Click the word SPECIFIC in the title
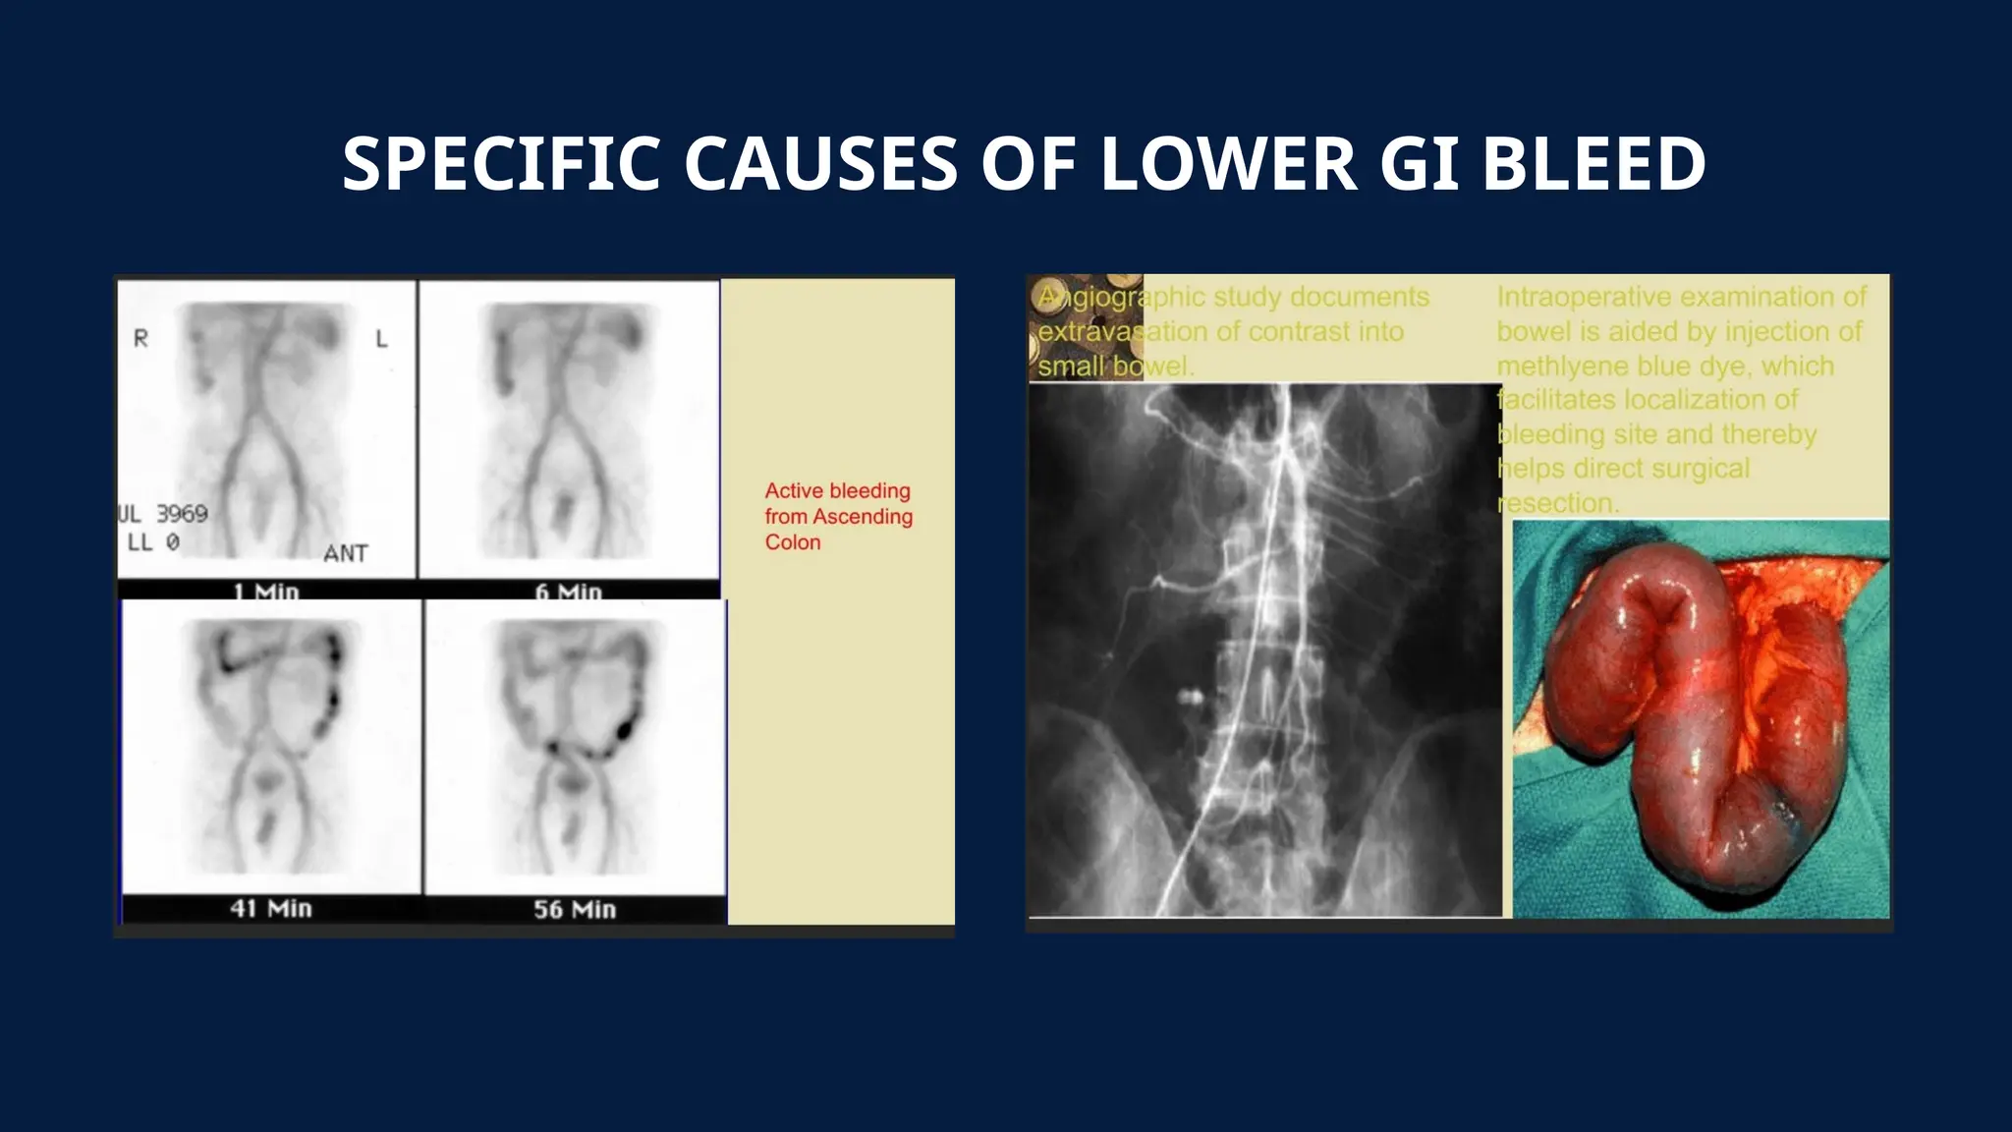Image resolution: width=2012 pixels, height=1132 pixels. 501,163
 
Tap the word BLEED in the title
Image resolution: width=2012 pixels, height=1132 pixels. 1593,163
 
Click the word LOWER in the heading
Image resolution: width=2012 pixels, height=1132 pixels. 1228,163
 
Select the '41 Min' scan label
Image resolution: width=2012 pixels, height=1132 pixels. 271,908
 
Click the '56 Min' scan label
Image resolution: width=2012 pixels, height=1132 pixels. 575,909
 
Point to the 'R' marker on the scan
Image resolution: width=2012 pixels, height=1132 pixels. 140,338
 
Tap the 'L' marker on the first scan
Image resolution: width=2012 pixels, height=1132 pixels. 382,339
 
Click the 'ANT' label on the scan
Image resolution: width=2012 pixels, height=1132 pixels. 346,553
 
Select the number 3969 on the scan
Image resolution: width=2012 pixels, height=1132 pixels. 182,513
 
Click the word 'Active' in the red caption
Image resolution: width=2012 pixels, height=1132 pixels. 794,490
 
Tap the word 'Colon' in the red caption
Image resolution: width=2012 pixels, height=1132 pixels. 793,542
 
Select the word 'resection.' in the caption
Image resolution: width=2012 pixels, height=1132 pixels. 1557,503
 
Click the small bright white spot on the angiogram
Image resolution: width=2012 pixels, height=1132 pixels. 1191,698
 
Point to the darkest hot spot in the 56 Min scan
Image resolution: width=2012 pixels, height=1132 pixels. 624,730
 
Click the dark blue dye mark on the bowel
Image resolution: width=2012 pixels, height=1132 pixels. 1781,812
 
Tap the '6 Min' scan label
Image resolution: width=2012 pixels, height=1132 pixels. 568,592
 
